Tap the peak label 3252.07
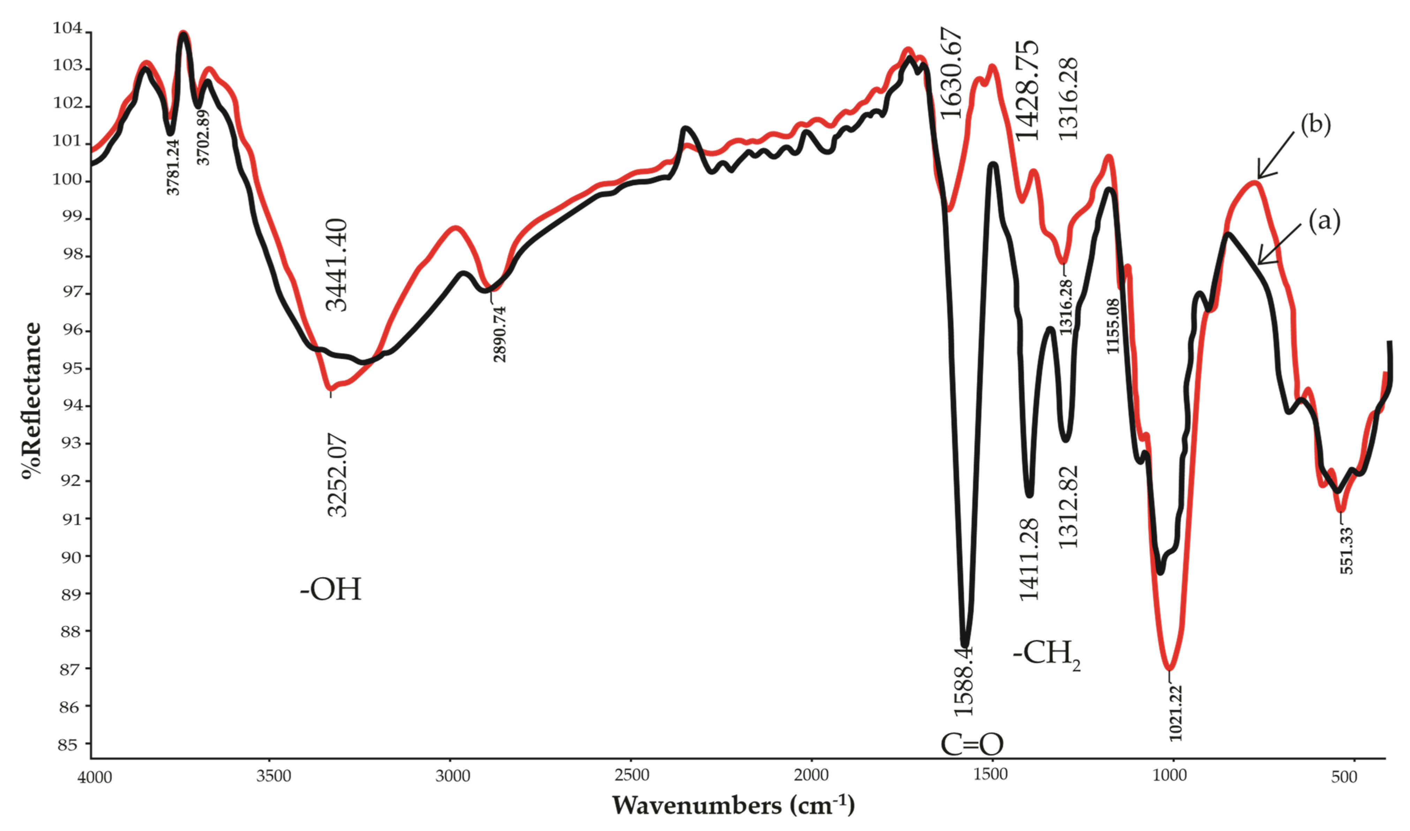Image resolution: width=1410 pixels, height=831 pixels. pos(337,475)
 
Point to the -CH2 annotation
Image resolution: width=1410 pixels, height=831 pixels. pos(1046,654)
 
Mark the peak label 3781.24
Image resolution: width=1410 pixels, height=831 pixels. pos(174,167)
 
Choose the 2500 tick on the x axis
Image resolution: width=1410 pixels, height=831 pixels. pos(632,776)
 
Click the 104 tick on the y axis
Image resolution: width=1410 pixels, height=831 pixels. pos(68,28)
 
